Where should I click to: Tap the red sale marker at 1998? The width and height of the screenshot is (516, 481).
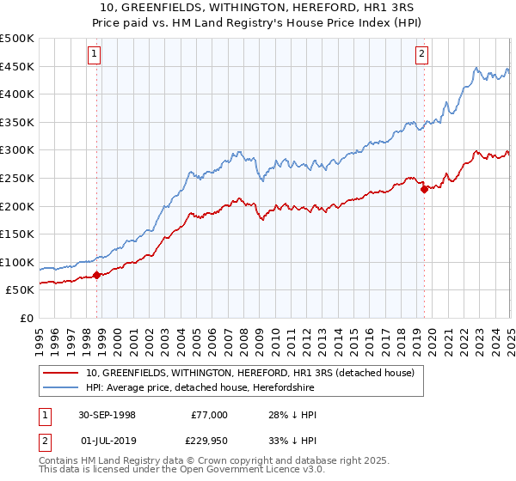(97, 275)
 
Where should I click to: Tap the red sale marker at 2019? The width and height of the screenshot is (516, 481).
(424, 190)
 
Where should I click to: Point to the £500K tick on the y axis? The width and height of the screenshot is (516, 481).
(17, 39)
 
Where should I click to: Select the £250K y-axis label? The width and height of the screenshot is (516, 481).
(17, 178)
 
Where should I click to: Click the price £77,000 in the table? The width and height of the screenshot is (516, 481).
(210, 415)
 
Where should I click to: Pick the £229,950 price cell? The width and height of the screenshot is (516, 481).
(207, 443)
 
